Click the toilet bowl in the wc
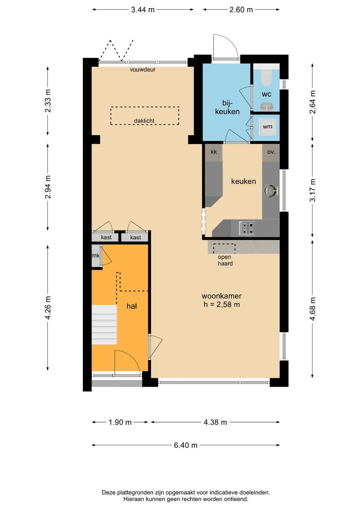(x=266, y=77)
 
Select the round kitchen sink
(x=271, y=190)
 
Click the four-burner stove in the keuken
(x=246, y=228)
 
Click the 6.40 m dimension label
(x=186, y=445)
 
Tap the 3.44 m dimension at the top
(x=143, y=10)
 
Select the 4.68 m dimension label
(x=313, y=309)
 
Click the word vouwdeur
(x=143, y=69)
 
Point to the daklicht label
(x=144, y=121)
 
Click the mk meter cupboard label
(x=96, y=256)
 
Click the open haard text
(x=225, y=260)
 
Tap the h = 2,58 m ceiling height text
(x=222, y=304)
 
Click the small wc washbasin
(x=266, y=106)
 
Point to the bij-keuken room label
(x=227, y=107)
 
